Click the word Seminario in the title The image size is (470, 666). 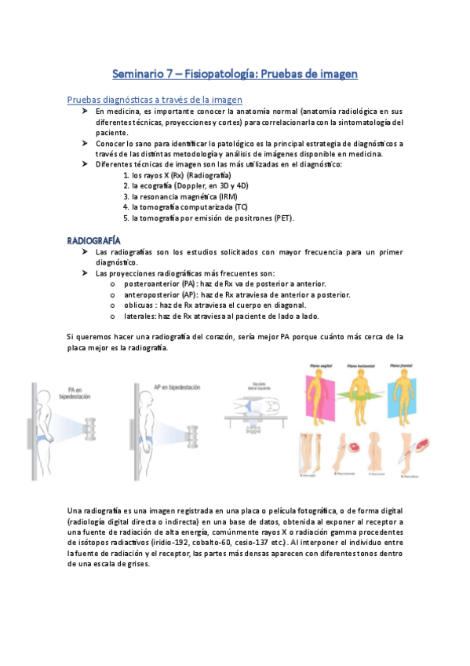click(x=139, y=74)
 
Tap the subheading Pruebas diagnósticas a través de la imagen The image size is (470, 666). click(x=155, y=100)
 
